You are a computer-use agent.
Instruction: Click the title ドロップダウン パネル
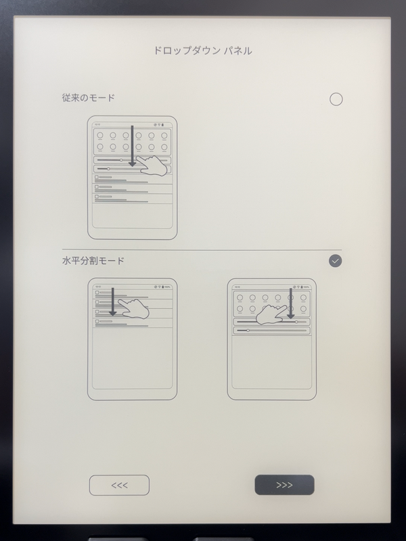203,51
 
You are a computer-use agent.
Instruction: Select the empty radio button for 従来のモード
336,99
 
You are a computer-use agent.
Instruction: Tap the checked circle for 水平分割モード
336,261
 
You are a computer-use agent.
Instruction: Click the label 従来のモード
88,98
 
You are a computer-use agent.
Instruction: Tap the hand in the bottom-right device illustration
270,312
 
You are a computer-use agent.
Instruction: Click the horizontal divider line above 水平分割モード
203,250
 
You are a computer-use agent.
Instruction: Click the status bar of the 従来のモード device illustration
133,124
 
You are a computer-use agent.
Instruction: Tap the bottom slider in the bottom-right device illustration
271,330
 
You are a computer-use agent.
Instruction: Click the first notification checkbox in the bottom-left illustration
97,293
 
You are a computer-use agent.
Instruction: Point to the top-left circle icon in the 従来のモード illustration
99,135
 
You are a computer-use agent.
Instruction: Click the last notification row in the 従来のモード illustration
133,197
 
